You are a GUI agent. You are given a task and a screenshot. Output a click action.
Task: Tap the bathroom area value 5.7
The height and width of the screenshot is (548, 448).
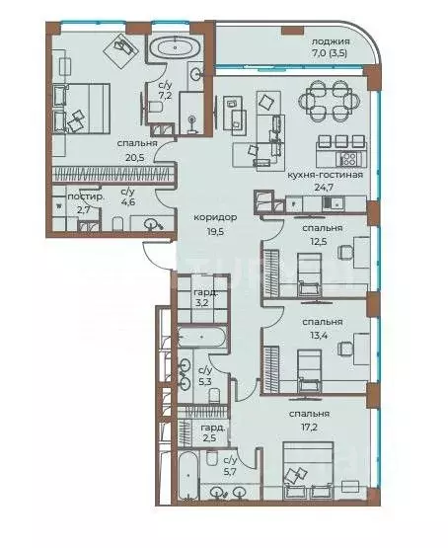(228, 472)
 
